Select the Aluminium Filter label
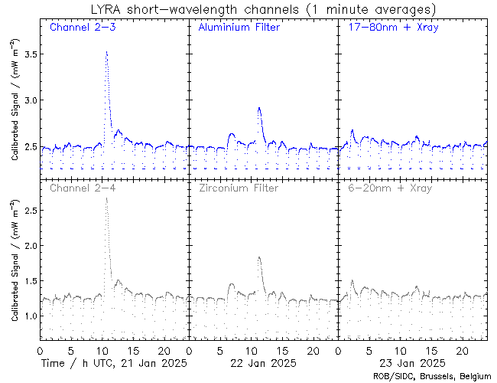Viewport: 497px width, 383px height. click(x=239, y=28)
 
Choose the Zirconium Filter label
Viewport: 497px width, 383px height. click(x=238, y=188)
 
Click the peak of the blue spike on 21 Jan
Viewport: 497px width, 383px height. click(x=106, y=52)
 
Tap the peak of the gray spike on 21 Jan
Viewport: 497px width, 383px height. click(x=106, y=198)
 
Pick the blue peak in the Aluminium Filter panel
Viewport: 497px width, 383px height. click(x=259, y=108)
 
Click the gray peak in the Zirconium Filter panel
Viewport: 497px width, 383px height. click(x=259, y=257)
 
